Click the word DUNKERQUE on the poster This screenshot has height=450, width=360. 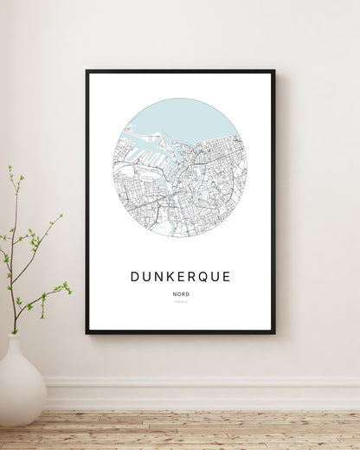click(181, 277)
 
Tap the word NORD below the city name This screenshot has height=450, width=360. click(181, 295)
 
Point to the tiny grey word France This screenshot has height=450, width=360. click(181, 303)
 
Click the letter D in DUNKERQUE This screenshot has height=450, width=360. click(135, 277)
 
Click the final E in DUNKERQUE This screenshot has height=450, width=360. click(227, 277)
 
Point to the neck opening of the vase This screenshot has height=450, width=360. click(16, 337)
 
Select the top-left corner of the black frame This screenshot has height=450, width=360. click(87, 72)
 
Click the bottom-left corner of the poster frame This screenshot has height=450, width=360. click(87, 332)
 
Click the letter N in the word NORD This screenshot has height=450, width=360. click(175, 295)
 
